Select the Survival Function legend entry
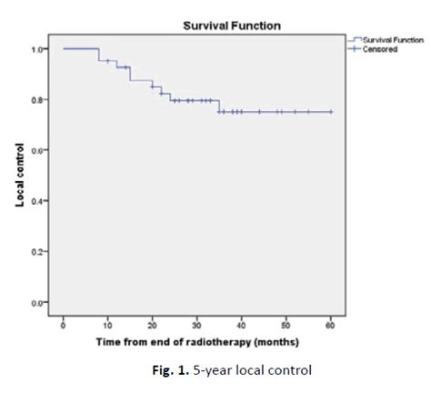(x=392, y=40)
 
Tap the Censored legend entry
(x=385, y=49)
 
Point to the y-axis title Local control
(x=19, y=174)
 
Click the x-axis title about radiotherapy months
(x=197, y=341)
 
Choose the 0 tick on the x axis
(x=64, y=323)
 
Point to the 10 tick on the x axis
(x=107, y=323)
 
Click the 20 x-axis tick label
(x=152, y=323)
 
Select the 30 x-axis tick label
(x=196, y=323)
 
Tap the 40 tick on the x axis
(x=241, y=323)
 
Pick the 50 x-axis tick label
(x=286, y=323)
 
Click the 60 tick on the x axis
(x=330, y=323)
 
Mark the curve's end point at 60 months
(x=331, y=112)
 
